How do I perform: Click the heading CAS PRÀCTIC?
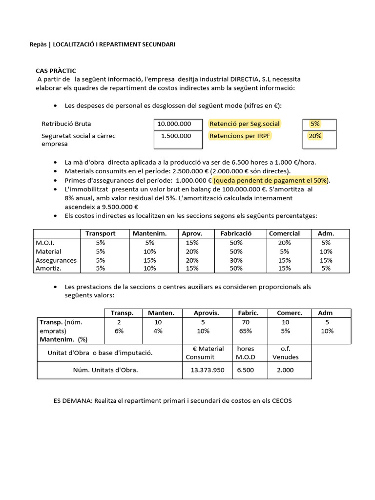pos(56,71)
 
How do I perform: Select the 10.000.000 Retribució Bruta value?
pos(174,124)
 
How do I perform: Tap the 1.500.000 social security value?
pos(176,136)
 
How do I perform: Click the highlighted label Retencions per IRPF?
pos(240,136)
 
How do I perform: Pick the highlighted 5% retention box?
pos(315,124)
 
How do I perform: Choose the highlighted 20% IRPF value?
pos(315,136)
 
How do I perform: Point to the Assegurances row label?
pos(56,260)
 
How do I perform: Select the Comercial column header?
pos(285,233)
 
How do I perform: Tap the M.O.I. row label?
pos(45,242)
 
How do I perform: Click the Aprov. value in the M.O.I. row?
pos(192,242)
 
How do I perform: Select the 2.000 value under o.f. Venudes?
pos(285,370)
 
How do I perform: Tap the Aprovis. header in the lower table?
pos(206,313)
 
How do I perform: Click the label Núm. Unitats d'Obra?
pos(105,370)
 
